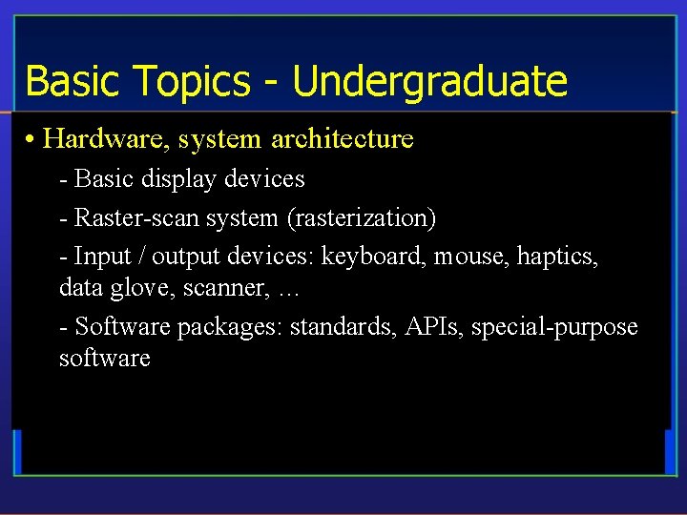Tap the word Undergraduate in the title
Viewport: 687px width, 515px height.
pyautogui.click(x=429, y=82)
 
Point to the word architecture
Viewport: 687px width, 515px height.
pyautogui.click(x=343, y=139)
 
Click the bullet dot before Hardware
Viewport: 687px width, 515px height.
pyautogui.click(x=31, y=140)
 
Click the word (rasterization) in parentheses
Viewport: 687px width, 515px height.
pyautogui.click(x=362, y=218)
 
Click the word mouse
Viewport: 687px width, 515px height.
pyautogui.click(x=470, y=257)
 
